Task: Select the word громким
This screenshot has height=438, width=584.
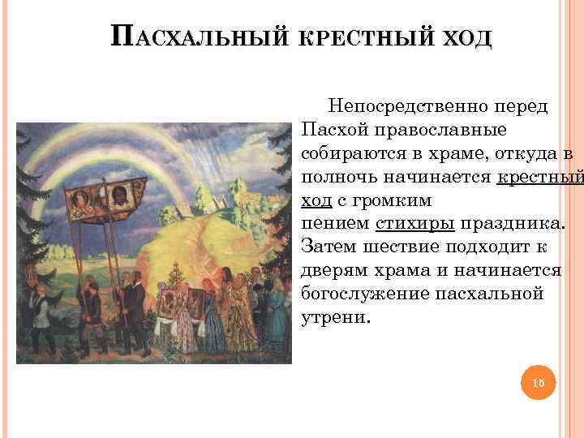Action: point(390,200)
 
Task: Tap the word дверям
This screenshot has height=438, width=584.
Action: point(339,270)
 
